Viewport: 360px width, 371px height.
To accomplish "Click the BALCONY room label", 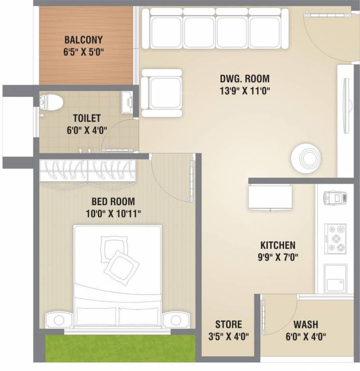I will point(84,40).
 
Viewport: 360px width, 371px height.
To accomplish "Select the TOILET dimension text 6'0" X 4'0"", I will point(86,129).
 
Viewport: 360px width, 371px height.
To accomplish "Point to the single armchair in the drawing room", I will point(162,94).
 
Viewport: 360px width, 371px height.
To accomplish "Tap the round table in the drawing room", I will point(305,157).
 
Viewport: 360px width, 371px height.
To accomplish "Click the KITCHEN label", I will point(277,245).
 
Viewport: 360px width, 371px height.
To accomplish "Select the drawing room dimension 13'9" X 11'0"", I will point(245,90).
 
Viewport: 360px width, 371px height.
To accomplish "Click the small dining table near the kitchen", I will point(270,197).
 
